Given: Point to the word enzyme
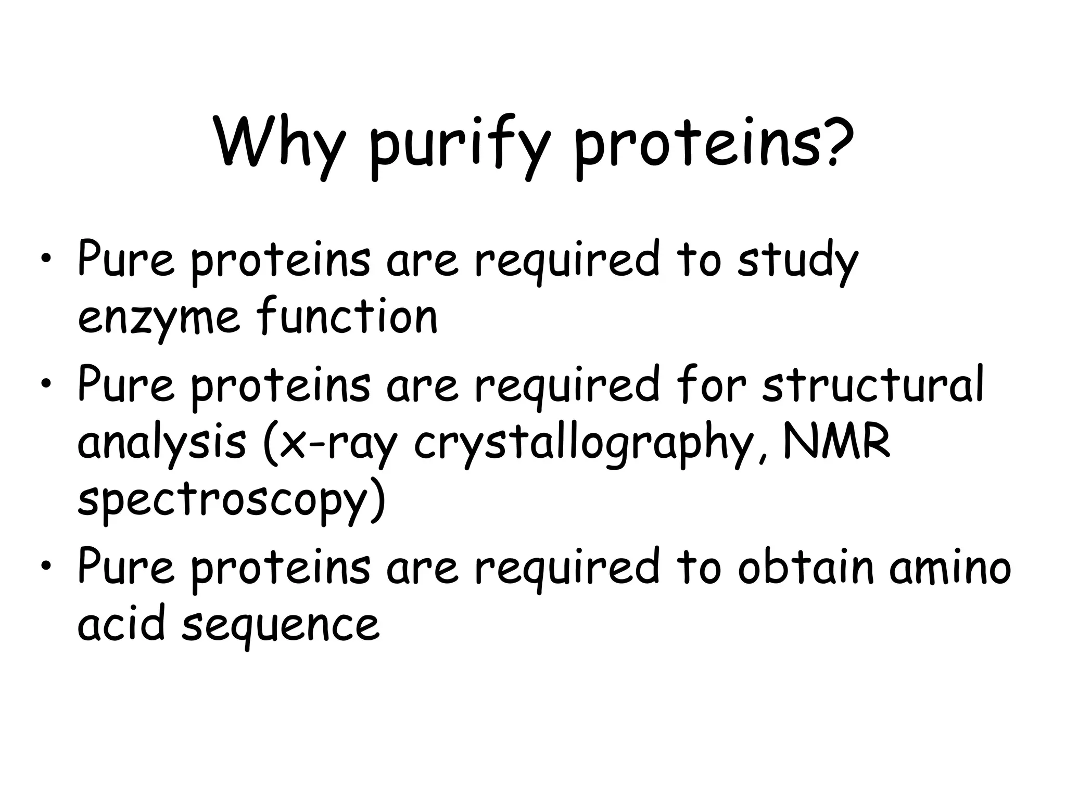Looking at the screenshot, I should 158,319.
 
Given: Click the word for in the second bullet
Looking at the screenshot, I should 711,385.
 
